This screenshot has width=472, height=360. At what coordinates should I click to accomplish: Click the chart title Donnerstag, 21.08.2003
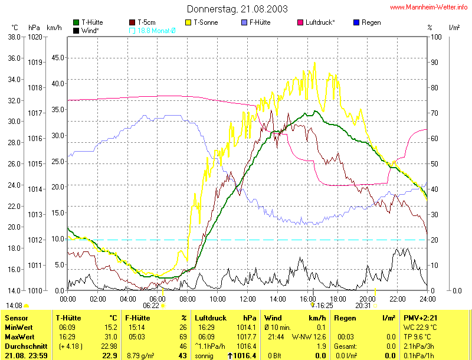pos(238,9)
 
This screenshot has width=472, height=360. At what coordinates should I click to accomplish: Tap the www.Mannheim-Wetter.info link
pos(429,8)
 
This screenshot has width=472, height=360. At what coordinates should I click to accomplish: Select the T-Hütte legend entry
pos(91,22)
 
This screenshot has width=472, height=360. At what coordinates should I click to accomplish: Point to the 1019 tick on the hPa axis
pos(35,62)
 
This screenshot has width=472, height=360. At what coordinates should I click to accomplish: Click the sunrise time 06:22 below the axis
pos(151,306)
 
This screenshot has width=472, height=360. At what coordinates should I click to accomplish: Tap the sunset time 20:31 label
pos(363,306)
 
